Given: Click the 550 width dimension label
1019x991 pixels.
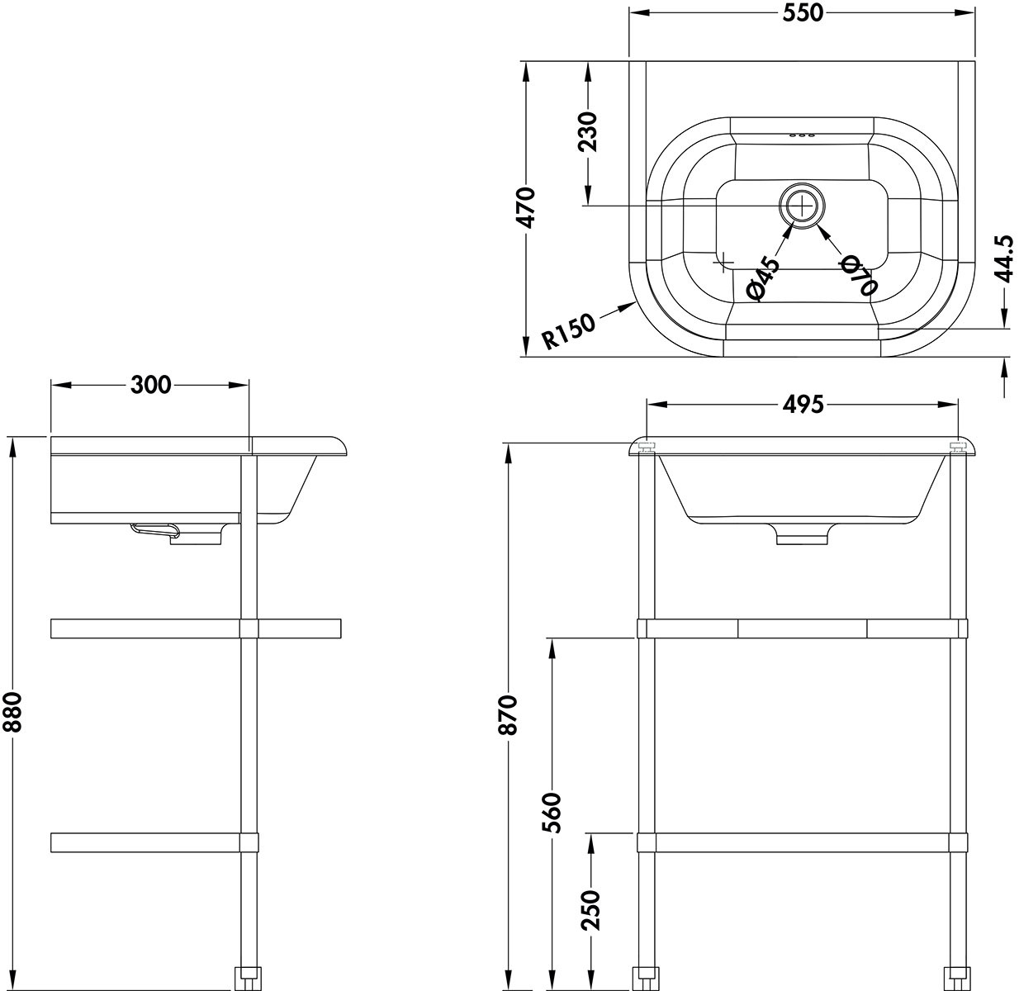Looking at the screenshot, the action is tap(803, 13).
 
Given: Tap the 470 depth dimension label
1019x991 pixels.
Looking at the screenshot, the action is tap(524, 207).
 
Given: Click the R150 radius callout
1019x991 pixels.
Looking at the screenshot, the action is tap(569, 331).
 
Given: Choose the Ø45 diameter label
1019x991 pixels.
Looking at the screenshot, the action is tap(764, 278).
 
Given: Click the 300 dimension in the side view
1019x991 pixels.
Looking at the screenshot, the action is tap(151, 385).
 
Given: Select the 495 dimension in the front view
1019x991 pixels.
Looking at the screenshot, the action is tap(803, 404).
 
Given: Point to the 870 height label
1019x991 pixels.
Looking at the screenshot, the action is tap(507, 715).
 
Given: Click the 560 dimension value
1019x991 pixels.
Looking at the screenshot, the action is tap(552, 813).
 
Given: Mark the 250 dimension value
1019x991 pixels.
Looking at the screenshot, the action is tap(590, 910).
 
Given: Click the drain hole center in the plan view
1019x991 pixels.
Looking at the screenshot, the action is tap(802, 206).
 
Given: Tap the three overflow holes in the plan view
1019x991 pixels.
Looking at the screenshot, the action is tap(802, 135).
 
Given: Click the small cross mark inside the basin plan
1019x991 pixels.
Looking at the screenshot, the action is tap(724, 261).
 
